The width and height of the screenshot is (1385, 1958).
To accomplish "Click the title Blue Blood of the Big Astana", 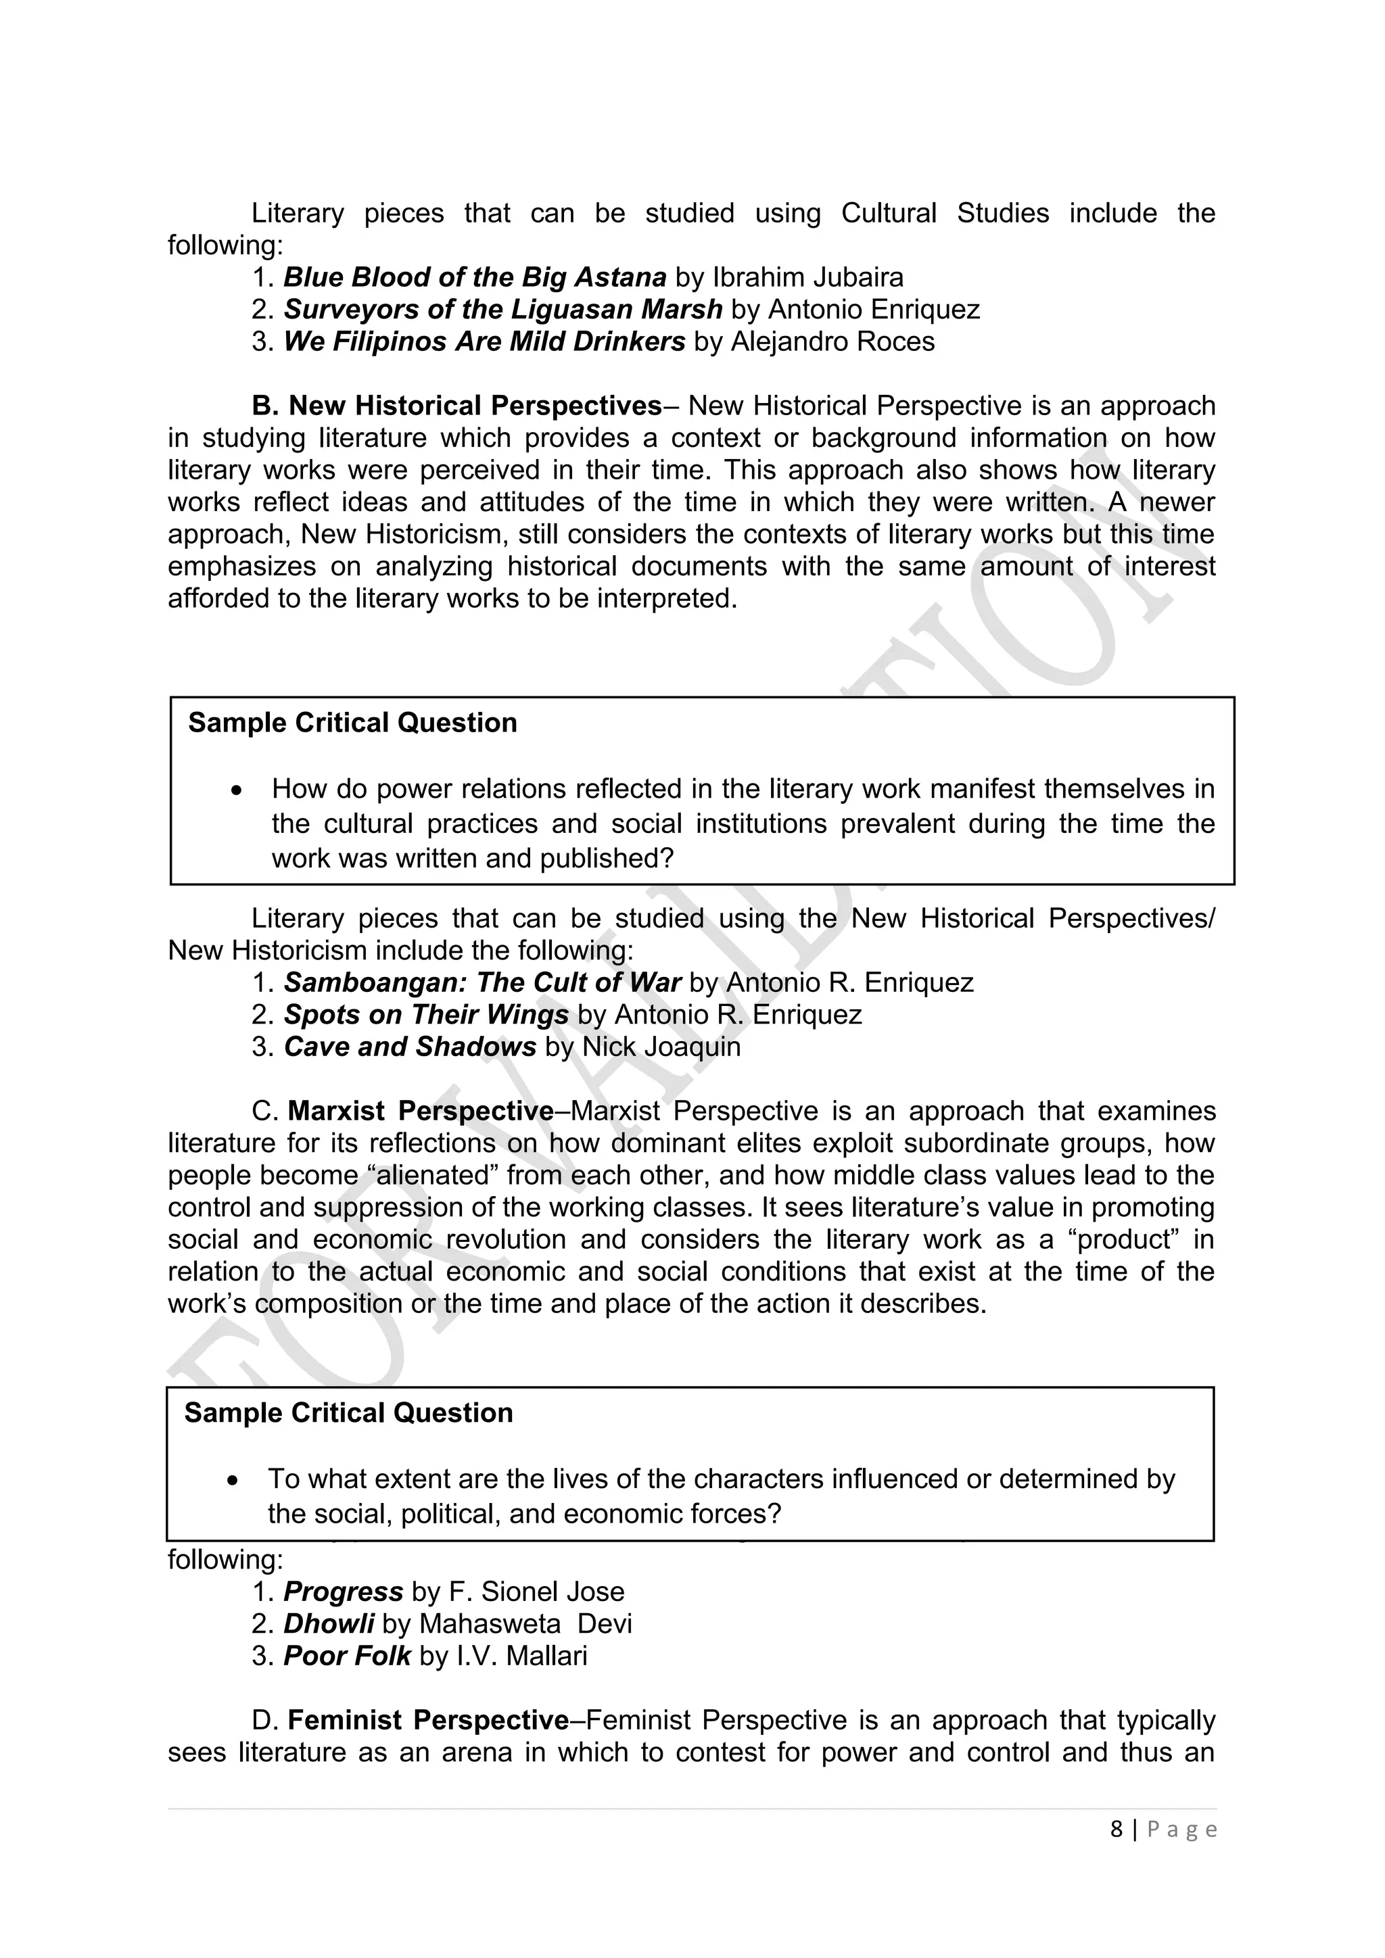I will coord(474,277).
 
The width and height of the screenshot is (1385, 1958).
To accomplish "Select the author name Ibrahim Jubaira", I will coord(807,277).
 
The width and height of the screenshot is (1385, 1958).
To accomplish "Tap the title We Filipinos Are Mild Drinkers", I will coord(484,341).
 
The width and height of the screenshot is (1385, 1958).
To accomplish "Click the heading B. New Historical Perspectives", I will coord(456,405).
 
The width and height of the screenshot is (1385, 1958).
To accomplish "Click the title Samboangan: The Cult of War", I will coord(482,982).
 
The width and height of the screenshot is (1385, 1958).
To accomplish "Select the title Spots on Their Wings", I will coord(425,1015).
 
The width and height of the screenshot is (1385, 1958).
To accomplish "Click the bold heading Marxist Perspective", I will coord(421,1112).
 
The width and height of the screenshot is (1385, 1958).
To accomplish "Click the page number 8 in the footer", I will coord(1117,1830).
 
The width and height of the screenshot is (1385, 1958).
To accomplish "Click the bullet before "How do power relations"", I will coord(237,790).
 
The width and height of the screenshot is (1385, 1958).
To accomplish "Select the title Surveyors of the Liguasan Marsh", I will coord(502,309).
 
